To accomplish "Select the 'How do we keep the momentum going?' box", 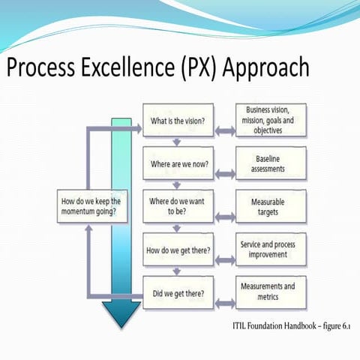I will pos(92,206).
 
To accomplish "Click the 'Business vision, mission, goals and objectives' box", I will pos(266,120).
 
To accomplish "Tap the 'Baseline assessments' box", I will pos(266,163).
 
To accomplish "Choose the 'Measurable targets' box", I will pos(266,206).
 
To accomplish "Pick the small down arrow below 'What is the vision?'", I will pos(175,142).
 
